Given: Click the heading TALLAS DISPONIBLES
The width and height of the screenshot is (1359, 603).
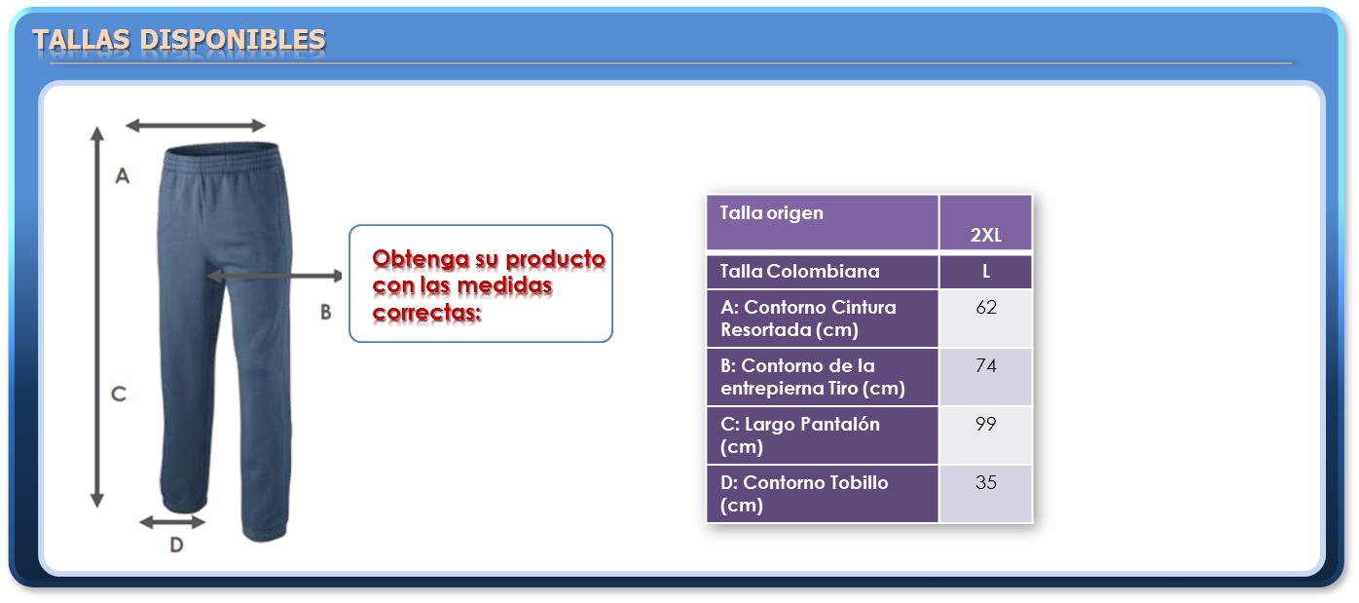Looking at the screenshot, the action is [179, 40].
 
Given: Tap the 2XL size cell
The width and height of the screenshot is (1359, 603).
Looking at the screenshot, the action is [986, 222].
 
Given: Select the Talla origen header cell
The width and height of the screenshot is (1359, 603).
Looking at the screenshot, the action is [822, 222].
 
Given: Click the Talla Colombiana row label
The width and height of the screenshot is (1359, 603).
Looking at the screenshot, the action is [822, 272].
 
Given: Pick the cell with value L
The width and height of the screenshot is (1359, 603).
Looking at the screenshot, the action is [986, 272].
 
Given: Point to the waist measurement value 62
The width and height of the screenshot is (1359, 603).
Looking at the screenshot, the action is [986, 307].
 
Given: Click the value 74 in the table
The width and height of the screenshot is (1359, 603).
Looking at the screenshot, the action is [986, 365].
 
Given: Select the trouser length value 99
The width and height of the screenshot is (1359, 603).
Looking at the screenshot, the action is [986, 424].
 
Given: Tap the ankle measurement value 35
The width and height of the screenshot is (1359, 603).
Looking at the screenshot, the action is [986, 482].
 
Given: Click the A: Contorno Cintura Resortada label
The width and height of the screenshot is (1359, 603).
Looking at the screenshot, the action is [808, 319].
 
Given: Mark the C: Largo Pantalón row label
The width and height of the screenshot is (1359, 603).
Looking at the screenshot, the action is [799, 435].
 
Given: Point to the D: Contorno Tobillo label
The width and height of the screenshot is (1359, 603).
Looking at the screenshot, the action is [804, 494].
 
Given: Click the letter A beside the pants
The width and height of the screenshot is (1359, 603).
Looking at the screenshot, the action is [123, 176].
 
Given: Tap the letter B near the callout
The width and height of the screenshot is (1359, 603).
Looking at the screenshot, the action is [326, 312].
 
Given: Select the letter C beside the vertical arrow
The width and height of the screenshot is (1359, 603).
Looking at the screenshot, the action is [119, 395].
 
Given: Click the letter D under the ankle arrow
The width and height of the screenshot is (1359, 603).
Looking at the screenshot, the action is [176, 546].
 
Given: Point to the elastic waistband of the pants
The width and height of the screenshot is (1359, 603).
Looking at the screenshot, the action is [223, 156].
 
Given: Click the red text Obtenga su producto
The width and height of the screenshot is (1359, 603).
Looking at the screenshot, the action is [489, 259].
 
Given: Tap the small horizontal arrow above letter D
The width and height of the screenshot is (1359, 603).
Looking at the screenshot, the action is [172, 521].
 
